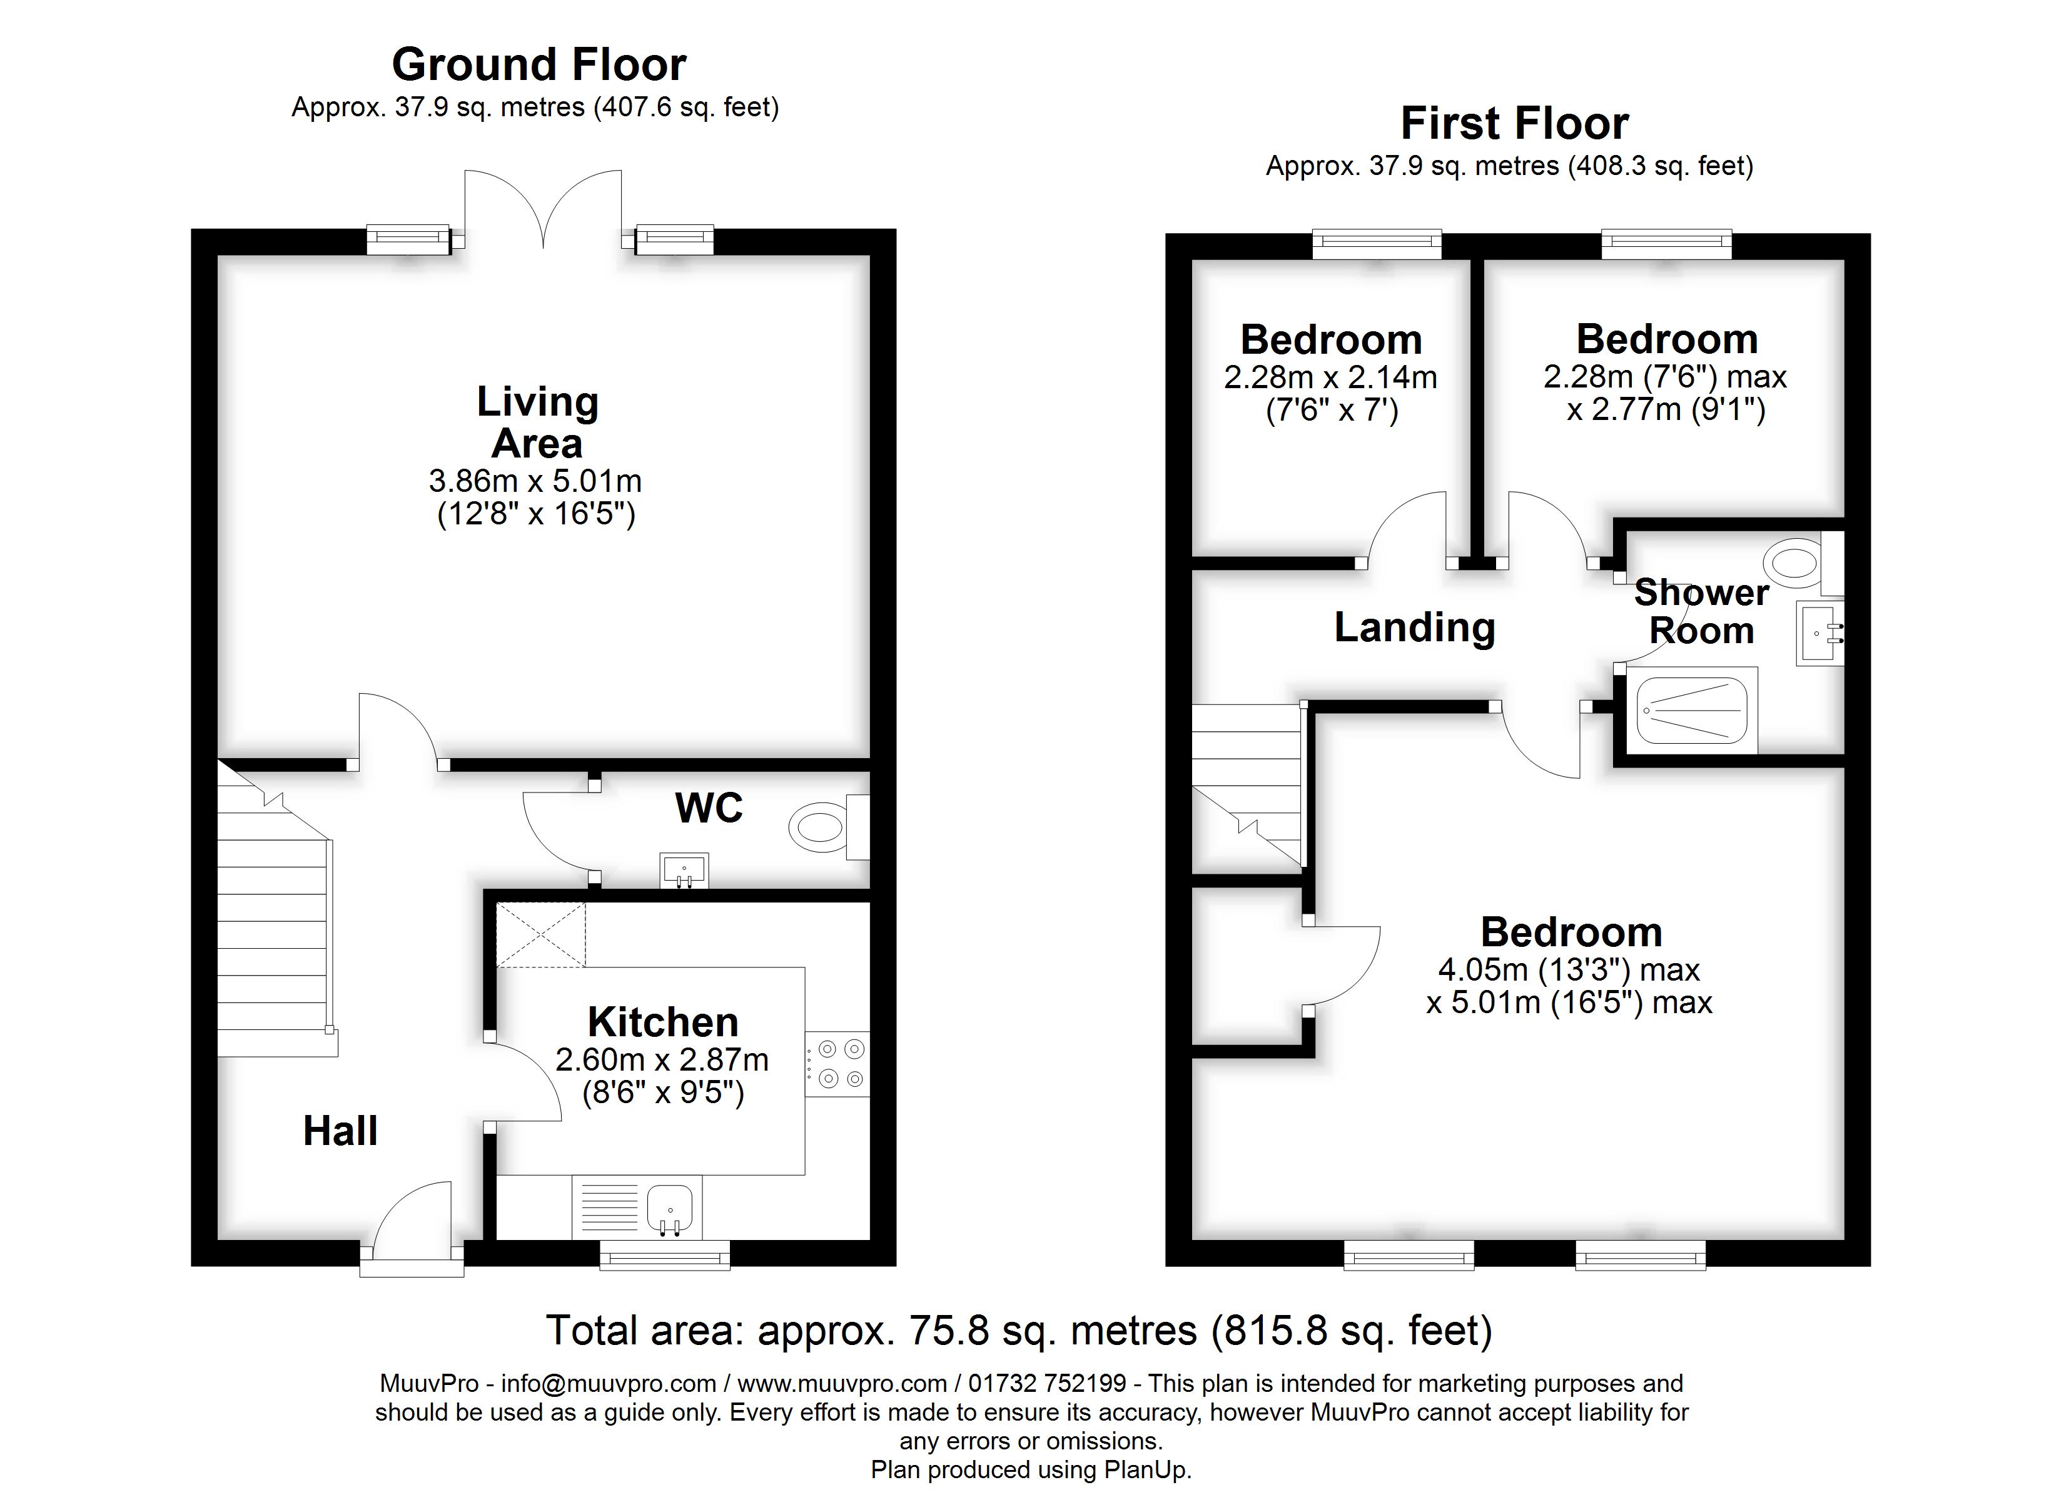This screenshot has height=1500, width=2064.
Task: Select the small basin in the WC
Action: coord(684,871)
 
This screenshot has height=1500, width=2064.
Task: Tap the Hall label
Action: coord(340,1131)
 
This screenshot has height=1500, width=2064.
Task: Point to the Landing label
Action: coord(1414,627)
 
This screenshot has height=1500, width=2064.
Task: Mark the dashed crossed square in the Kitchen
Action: coord(540,934)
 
